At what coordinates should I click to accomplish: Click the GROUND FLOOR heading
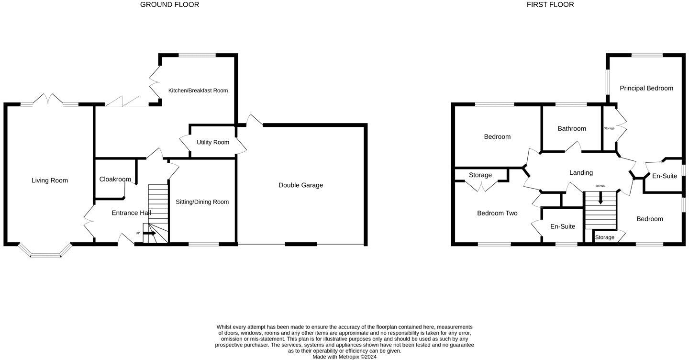pyautogui.click(x=169, y=5)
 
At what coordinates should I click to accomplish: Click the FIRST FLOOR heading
pyautogui.click(x=550, y=5)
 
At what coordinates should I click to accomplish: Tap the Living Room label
pyautogui.click(x=50, y=180)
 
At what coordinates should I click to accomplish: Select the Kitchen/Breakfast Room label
pyautogui.click(x=198, y=90)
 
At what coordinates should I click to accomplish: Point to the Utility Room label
pyautogui.click(x=213, y=142)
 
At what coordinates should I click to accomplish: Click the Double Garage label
pyautogui.click(x=300, y=185)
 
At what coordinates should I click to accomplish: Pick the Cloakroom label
pyautogui.click(x=115, y=180)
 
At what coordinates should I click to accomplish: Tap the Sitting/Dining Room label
pyautogui.click(x=202, y=202)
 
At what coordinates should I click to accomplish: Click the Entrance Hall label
pyautogui.click(x=131, y=213)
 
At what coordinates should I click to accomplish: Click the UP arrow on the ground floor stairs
pyautogui.click(x=149, y=234)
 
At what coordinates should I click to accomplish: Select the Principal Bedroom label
pyautogui.click(x=646, y=88)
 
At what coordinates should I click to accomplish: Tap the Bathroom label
pyautogui.click(x=572, y=129)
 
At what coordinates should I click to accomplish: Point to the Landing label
pyautogui.click(x=581, y=173)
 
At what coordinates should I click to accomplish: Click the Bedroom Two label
pyautogui.click(x=497, y=214)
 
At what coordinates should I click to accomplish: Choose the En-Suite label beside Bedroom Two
pyautogui.click(x=562, y=227)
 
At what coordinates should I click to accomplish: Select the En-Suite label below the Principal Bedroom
pyautogui.click(x=665, y=176)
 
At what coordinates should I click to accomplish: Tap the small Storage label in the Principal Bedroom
pyautogui.click(x=609, y=128)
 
